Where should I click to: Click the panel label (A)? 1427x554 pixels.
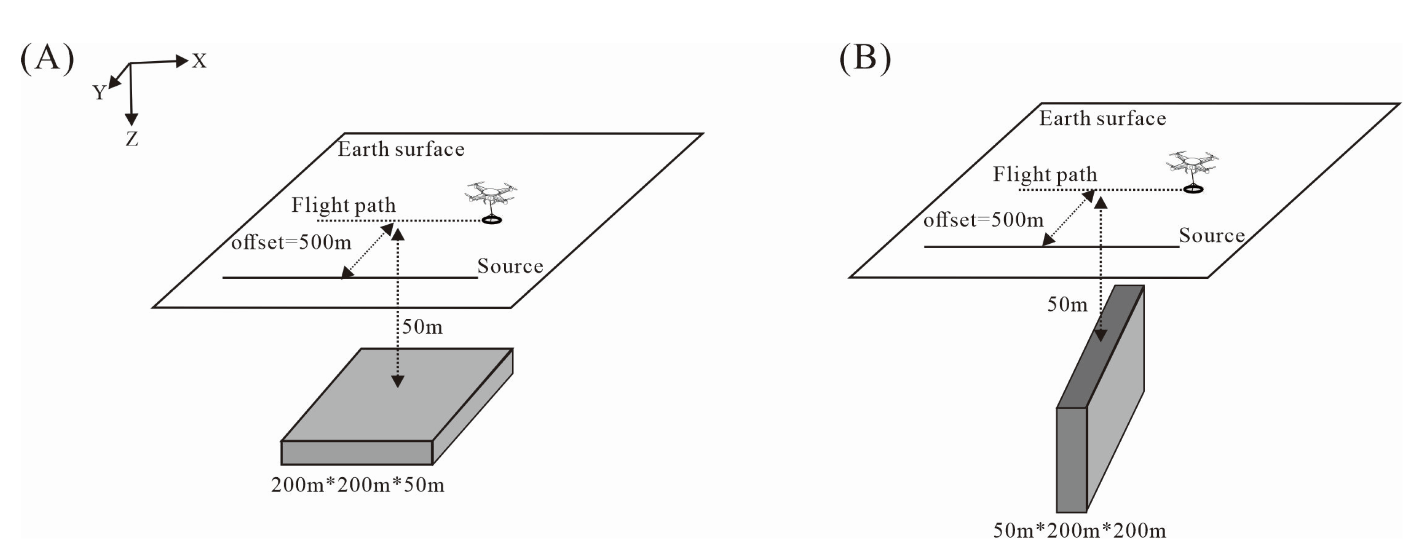pyautogui.click(x=47, y=58)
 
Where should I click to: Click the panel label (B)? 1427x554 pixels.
pyautogui.click(x=865, y=58)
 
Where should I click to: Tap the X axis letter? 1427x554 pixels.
pyautogui.click(x=199, y=61)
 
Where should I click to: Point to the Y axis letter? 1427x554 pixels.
pyautogui.click(x=99, y=92)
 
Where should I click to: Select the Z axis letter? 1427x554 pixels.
pyautogui.click(x=131, y=139)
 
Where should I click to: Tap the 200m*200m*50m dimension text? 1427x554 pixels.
pyautogui.click(x=357, y=485)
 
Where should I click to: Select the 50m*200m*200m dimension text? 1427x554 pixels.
pyautogui.click(x=1079, y=531)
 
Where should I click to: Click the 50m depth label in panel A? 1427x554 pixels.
pyautogui.click(x=422, y=327)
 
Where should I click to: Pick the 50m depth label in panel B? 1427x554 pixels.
pyautogui.click(x=1067, y=305)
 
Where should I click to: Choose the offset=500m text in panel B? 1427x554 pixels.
pyautogui.click(x=983, y=220)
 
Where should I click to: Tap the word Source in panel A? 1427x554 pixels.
pyautogui.click(x=510, y=266)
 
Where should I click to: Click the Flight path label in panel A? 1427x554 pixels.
pyautogui.click(x=344, y=205)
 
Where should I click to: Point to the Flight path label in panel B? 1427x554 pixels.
pyautogui.click(x=1045, y=174)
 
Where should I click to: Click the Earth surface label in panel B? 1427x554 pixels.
pyautogui.click(x=1103, y=119)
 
